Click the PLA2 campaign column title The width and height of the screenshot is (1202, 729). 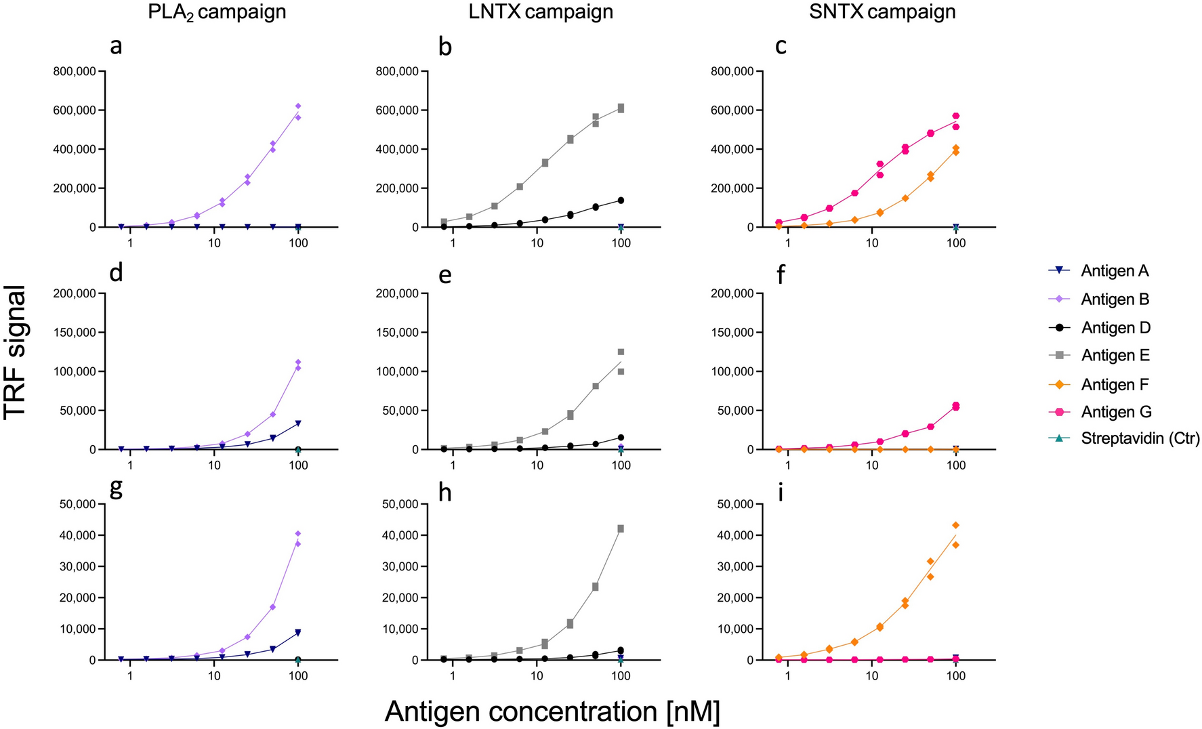[x=217, y=12]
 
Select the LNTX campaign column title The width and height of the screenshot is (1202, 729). [x=541, y=12]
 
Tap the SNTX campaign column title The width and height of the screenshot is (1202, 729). [x=882, y=12]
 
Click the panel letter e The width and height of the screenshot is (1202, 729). [x=445, y=273]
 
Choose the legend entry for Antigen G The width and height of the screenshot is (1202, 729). [x=1115, y=412]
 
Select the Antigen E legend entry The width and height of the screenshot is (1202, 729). [x=1115, y=356]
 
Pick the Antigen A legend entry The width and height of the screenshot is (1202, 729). [x=1115, y=271]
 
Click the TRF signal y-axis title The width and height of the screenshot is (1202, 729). [x=15, y=352]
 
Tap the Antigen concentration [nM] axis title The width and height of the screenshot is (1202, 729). [x=552, y=711]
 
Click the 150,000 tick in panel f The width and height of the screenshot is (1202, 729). [x=734, y=333]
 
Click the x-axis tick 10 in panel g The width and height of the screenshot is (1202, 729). [x=214, y=675]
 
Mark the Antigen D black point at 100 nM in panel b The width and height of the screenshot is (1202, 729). [x=621, y=201]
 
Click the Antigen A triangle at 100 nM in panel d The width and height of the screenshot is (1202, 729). [x=298, y=423]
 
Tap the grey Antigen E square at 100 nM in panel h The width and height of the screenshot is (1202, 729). [x=621, y=528]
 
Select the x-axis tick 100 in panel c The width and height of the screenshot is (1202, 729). [x=956, y=243]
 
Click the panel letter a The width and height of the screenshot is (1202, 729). [x=116, y=47]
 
